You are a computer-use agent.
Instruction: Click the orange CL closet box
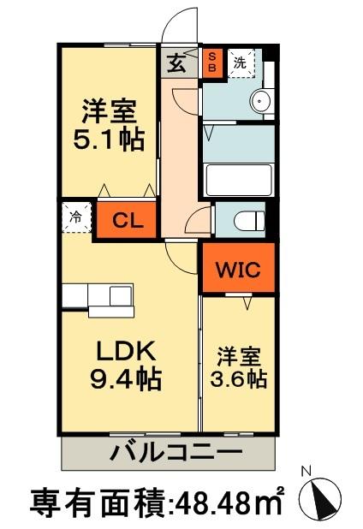(126, 218)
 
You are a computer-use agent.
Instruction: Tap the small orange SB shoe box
(213, 62)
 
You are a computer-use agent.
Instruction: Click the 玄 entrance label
(175, 62)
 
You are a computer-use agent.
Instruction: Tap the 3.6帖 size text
(240, 377)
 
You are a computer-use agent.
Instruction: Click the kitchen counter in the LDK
(98, 296)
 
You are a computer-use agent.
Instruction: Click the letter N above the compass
(306, 470)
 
